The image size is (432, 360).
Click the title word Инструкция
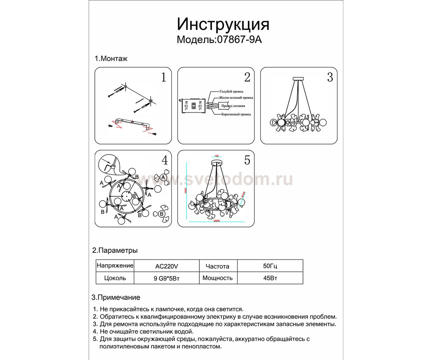(223, 24)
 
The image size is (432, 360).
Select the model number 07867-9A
(239, 40)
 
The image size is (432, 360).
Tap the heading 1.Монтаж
(111, 59)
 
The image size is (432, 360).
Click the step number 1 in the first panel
(163, 78)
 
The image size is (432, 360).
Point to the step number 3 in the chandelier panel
(330, 77)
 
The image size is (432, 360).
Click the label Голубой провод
(231, 91)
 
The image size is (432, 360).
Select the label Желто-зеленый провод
(236, 98)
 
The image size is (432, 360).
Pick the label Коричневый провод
(236, 114)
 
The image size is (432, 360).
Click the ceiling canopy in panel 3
(298, 79)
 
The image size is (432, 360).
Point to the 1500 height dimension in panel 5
(186, 192)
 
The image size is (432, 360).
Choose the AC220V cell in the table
(167, 266)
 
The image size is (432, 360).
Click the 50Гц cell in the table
(270, 266)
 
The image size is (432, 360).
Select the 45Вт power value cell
(270, 278)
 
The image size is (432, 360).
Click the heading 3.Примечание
(116, 297)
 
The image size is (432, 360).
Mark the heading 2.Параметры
(115, 250)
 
